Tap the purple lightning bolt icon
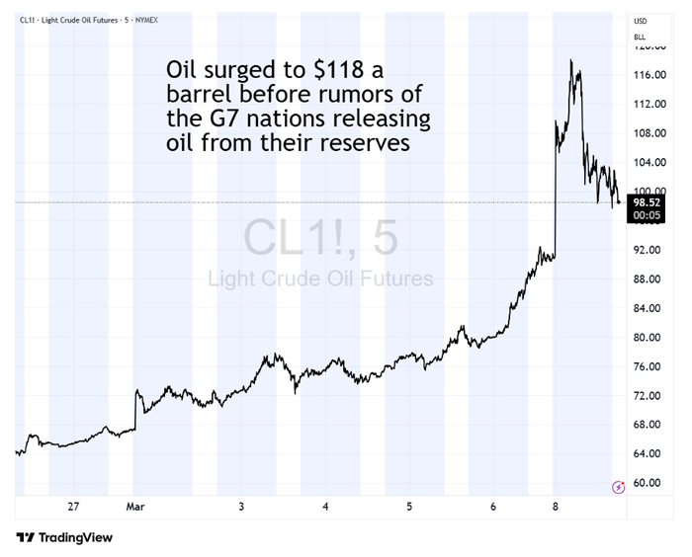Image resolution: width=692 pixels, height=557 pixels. click(x=619, y=486)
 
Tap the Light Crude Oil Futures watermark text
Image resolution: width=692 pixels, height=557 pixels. click(x=320, y=278)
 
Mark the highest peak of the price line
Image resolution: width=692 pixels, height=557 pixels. click(x=571, y=60)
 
